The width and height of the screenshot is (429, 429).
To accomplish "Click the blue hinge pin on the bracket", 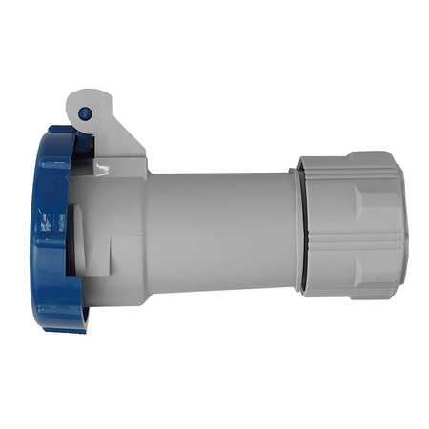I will (84, 113).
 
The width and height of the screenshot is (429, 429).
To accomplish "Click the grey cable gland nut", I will (353, 224).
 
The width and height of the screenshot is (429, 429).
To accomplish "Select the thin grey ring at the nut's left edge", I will (305, 229).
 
